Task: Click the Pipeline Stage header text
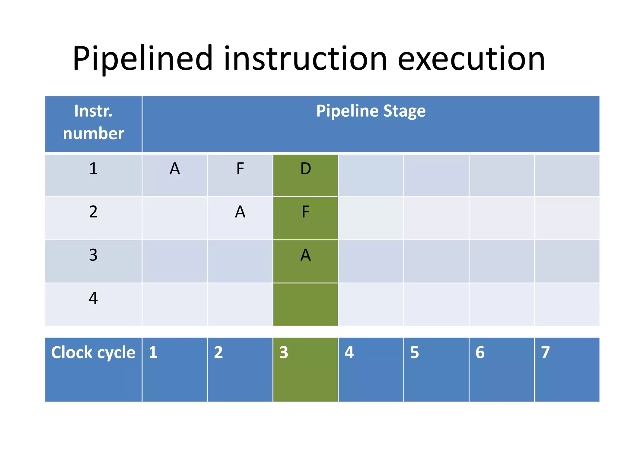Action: click(x=371, y=111)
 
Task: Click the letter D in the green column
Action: click(x=305, y=169)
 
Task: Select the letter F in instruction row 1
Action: click(x=240, y=169)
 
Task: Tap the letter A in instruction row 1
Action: click(x=175, y=169)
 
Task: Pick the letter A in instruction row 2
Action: click(x=240, y=212)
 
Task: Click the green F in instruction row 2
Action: click(x=305, y=212)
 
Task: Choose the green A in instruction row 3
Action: click(x=305, y=255)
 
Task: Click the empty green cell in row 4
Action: click(x=305, y=304)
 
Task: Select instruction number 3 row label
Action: click(x=93, y=255)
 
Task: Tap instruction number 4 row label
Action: click(x=93, y=298)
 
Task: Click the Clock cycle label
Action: click(x=93, y=352)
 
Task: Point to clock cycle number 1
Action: click(x=153, y=352)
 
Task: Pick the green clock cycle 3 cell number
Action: click(x=284, y=352)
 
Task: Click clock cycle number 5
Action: click(x=414, y=352)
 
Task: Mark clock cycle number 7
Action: click(x=545, y=352)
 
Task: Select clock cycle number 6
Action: click(x=480, y=352)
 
